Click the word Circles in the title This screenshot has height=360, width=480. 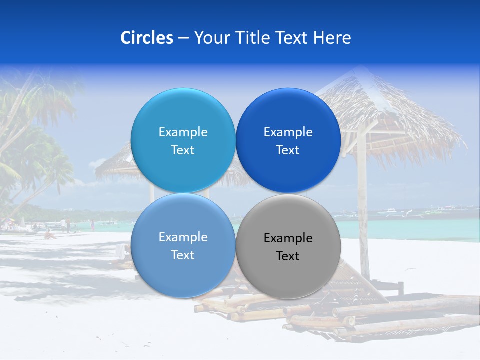tap(147, 38)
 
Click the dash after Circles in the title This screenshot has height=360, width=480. tap(183, 38)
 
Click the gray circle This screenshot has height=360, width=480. tap(288, 245)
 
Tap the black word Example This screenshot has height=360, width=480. tap(288, 238)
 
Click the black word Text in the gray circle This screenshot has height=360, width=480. tap(288, 256)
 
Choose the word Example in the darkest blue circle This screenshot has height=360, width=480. tap(288, 132)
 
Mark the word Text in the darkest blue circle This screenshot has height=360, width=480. tap(288, 150)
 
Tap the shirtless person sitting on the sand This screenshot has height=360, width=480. tap(49, 234)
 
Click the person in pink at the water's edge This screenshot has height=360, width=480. tap(92, 225)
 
